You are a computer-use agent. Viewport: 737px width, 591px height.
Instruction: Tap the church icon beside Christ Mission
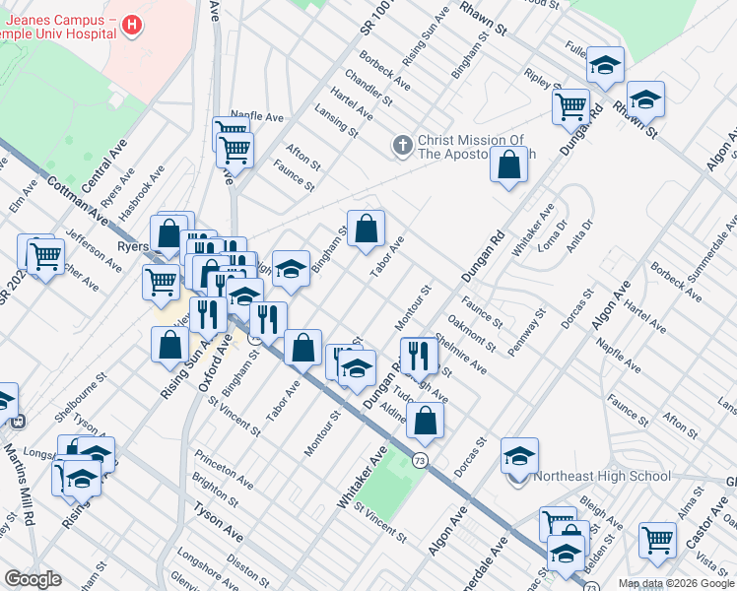(401, 146)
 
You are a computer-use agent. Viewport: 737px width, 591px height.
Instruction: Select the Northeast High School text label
(601, 477)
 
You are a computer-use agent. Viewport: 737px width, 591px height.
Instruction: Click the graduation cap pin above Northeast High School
(519, 456)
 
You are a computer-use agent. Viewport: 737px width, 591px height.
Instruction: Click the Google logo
(33, 579)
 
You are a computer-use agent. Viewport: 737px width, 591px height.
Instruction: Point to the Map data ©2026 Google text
(677, 583)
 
